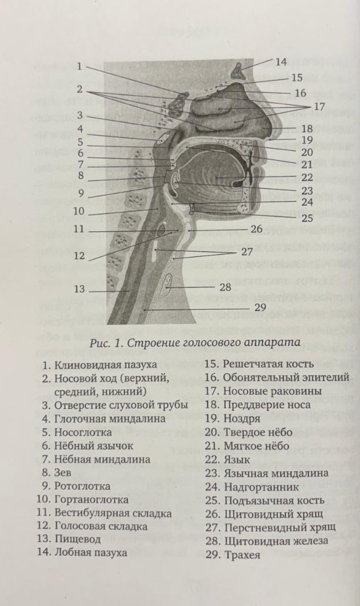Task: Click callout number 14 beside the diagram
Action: (x=281, y=61)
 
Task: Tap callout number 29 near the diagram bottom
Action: (x=260, y=307)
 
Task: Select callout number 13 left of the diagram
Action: (x=79, y=289)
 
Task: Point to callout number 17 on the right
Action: (x=318, y=107)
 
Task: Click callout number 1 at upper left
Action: (x=79, y=66)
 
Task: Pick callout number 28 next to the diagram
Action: (x=225, y=287)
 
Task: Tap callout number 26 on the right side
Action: (x=256, y=229)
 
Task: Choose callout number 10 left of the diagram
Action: (x=79, y=211)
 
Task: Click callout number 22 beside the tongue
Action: (x=290, y=176)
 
